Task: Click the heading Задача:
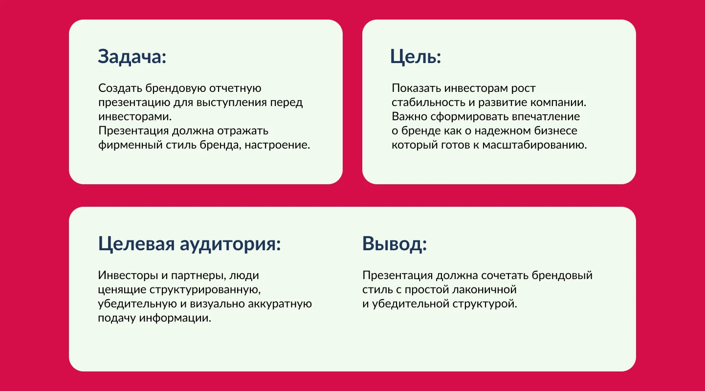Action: tap(132, 57)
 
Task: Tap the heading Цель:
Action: tap(416, 57)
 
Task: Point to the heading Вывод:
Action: tap(395, 243)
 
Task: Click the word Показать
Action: tap(416, 88)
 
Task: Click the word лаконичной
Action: tap(479, 289)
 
